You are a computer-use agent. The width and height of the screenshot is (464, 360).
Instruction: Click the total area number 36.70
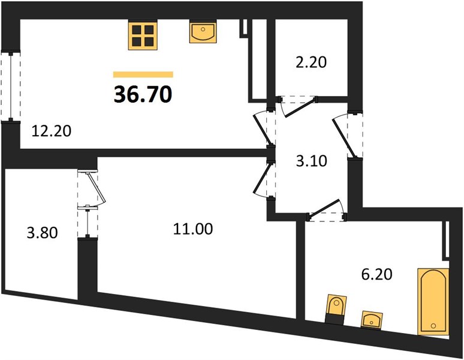click(143, 94)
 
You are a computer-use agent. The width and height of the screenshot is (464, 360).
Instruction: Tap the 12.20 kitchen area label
click(52, 131)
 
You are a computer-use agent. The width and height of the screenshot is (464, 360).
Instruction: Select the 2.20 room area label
click(311, 62)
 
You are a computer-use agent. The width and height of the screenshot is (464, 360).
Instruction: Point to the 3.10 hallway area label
click(311, 161)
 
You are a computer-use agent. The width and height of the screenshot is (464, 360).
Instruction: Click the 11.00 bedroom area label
click(193, 229)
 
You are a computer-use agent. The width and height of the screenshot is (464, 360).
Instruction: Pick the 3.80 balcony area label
click(43, 233)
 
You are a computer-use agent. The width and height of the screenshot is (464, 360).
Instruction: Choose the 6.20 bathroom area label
click(376, 274)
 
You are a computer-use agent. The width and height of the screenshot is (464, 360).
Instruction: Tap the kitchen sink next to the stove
click(203, 31)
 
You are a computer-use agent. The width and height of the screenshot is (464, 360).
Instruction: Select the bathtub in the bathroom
click(433, 301)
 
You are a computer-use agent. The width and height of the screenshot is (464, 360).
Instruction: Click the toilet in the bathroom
click(336, 309)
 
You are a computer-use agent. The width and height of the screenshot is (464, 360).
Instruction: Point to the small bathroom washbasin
click(372, 320)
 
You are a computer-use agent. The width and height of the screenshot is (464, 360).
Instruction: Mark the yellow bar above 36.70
click(143, 74)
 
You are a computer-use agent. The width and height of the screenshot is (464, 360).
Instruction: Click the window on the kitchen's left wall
click(11, 86)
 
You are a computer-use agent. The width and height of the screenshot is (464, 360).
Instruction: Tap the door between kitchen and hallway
click(265, 129)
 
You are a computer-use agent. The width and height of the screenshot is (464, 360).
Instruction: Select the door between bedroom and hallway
click(265, 179)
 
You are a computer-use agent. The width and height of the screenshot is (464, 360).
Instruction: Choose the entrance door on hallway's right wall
click(347, 134)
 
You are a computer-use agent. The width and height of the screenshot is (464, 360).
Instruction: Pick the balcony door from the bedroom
click(92, 188)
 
